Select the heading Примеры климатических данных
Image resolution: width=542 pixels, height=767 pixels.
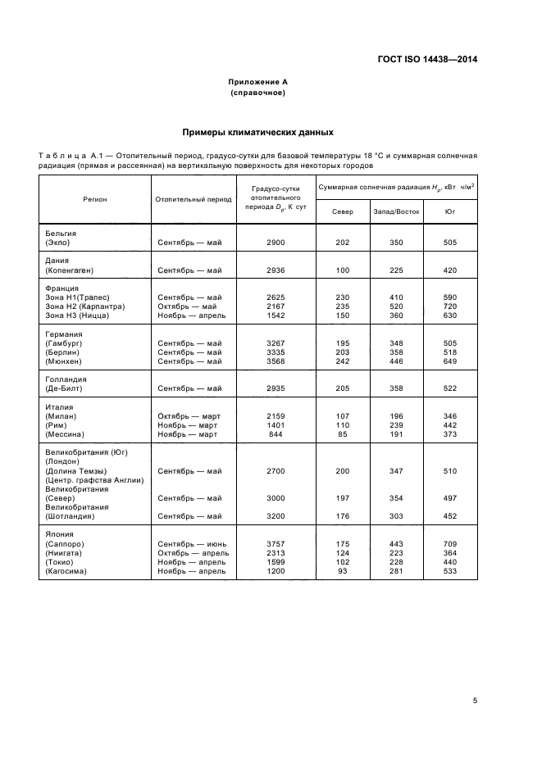257,131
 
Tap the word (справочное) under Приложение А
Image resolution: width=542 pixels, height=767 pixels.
257,93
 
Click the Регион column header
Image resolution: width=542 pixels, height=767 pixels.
94,199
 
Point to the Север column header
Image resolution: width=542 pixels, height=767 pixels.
342,211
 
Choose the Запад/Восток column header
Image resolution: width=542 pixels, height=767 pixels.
396,211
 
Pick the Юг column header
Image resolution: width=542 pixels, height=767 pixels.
449,211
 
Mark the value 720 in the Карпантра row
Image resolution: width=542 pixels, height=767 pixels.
449,306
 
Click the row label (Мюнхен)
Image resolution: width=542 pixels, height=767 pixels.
65,361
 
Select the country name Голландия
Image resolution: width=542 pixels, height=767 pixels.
66,379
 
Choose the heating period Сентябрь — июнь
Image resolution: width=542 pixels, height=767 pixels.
194,543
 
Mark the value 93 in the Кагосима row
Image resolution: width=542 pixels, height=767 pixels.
342,571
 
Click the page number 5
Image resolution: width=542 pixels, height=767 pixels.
475,700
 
